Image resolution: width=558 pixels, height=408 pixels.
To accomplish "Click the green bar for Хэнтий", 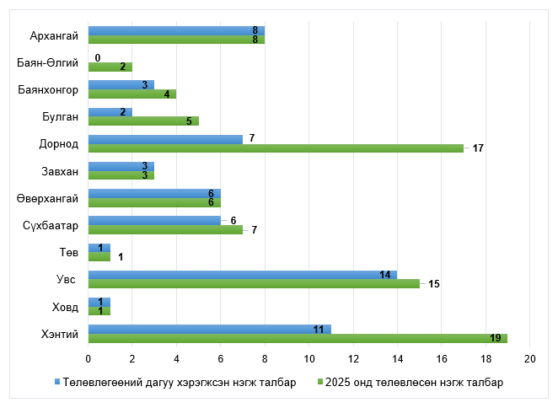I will point(298,338).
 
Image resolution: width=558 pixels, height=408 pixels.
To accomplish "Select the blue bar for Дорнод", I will point(165,139).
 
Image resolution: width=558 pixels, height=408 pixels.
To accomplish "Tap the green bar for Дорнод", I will point(276,148).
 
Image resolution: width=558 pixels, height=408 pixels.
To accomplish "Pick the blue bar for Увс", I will point(243,274).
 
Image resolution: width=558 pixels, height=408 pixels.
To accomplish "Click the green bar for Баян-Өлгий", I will point(110,67).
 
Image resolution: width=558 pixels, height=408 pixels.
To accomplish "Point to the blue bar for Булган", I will point(110,112).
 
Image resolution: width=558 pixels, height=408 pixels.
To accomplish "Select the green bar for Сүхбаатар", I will point(165,229).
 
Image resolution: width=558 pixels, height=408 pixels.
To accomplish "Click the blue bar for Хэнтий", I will point(210,329).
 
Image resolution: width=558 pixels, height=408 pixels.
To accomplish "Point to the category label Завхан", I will point(59,171).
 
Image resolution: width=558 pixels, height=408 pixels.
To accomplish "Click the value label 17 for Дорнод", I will point(477,148).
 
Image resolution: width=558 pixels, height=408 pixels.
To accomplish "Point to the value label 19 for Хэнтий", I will point(496,338).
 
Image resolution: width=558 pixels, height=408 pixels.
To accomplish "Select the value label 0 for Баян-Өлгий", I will point(98,57).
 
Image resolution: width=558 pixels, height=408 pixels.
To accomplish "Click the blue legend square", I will point(57,382).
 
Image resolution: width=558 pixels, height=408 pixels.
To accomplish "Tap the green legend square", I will point(319,382).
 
